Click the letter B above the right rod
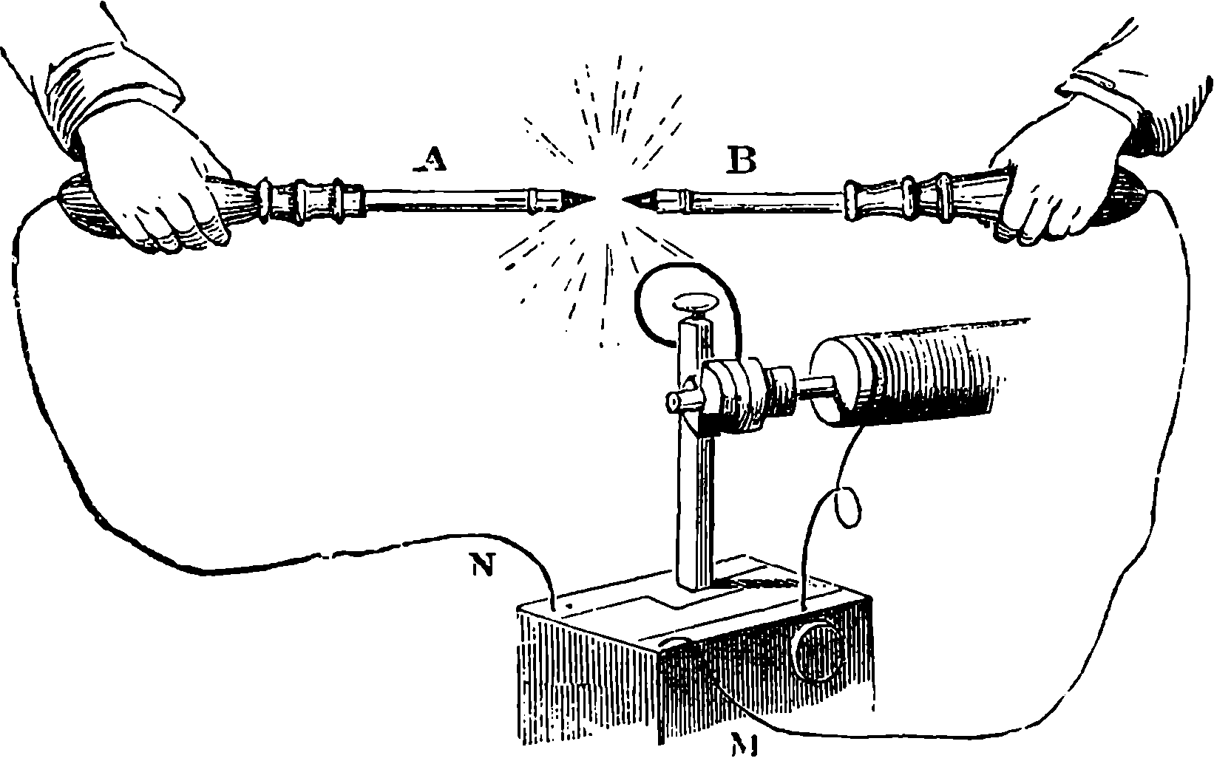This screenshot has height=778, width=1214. tap(742, 160)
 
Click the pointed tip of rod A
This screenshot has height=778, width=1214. tap(591, 197)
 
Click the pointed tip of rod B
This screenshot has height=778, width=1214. tap(625, 197)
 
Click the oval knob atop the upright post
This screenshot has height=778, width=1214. tap(694, 303)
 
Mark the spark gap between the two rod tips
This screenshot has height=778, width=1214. tap(608, 197)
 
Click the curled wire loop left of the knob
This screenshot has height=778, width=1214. tap(651, 303)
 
